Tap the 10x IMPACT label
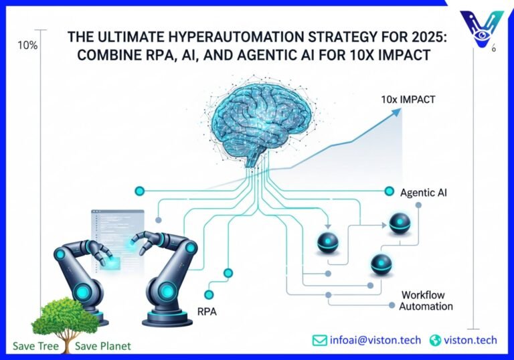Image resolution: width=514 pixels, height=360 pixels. pos(408,100)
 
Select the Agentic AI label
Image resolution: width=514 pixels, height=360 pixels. pos(424,193)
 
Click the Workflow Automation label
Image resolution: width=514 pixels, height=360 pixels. pos(426,300)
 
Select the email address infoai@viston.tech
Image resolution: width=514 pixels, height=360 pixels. pos(375,340)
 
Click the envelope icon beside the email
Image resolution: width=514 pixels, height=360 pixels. pos(320,340)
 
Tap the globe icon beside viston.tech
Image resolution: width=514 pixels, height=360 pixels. pos(436,340)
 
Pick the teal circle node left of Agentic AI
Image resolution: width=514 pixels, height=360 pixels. pos(389,192)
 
